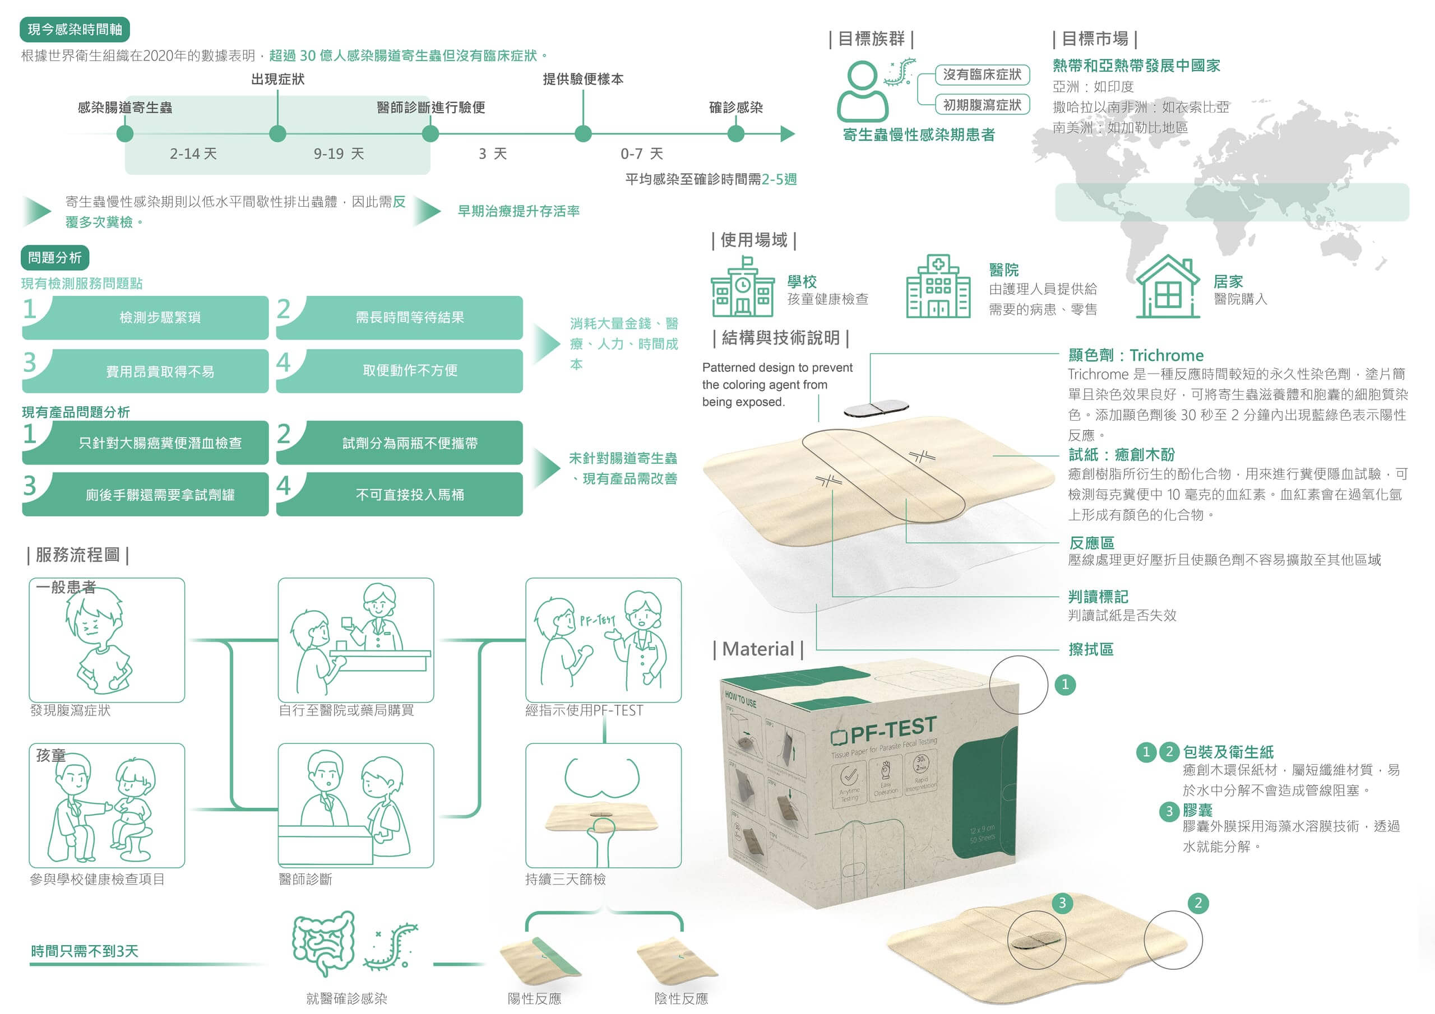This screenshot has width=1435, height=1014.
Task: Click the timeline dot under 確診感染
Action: click(735, 133)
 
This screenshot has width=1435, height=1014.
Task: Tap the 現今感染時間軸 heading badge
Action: click(75, 29)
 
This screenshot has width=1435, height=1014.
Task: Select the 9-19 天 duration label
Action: click(338, 154)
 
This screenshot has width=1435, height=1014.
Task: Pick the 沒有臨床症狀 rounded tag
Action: click(982, 75)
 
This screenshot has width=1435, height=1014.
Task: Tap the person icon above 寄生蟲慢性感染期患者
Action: click(863, 91)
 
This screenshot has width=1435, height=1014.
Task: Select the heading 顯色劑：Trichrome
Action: click(1136, 355)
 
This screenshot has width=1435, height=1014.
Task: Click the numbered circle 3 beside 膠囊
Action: click(1169, 811)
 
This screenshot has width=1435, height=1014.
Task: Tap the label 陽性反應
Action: click(534, 998)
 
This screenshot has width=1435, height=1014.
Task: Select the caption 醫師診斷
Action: click(305, 878)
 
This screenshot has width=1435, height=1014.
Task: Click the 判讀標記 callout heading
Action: click(1098, 596)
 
